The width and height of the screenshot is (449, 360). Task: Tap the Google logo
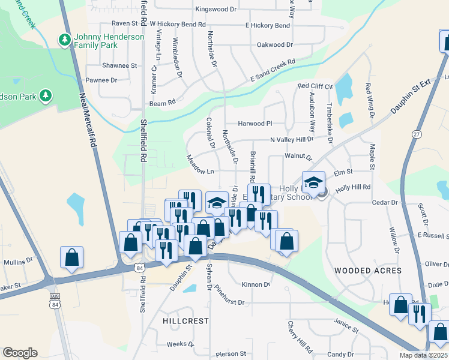pos(20,353)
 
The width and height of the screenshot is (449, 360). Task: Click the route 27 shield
pos(417,134)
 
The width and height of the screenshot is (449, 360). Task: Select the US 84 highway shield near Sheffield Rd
pos(139,266)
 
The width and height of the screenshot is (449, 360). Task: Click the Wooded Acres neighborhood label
pos(368,271)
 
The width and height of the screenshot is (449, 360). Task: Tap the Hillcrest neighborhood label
pos(185,321)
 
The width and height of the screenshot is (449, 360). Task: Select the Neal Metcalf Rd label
pos(88,119)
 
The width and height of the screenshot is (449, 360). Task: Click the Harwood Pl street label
pos(255,124)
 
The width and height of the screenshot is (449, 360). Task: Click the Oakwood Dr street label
pos(274,44)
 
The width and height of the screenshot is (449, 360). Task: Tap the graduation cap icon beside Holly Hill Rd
pos(313,182)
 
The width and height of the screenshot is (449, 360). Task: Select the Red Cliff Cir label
pos(315,86)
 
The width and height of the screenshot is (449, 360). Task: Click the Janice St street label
pos(346,326)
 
